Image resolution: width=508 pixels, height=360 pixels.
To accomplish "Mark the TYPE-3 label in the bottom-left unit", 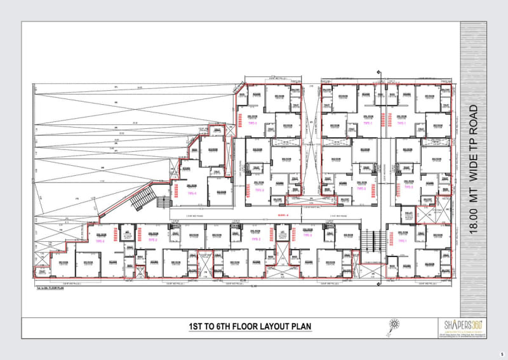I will pyautogui.click(x=98, y=241).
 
